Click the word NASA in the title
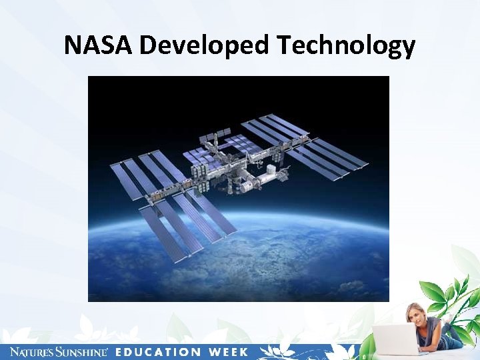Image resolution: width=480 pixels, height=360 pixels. pos(99,45)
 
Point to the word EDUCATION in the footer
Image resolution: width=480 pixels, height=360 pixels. pos(157,351)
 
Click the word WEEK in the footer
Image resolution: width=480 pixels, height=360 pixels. pos(227,351)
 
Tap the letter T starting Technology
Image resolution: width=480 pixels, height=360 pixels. pos(284,45)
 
